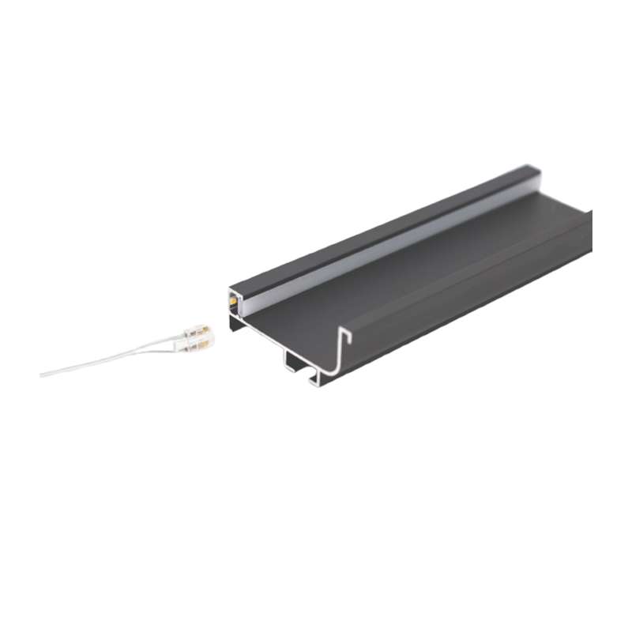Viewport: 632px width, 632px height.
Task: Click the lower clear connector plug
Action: click(200, 343)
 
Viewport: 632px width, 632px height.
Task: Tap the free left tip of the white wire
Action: click(42, 374)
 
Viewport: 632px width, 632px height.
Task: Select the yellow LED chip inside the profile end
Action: click(234, 299)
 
